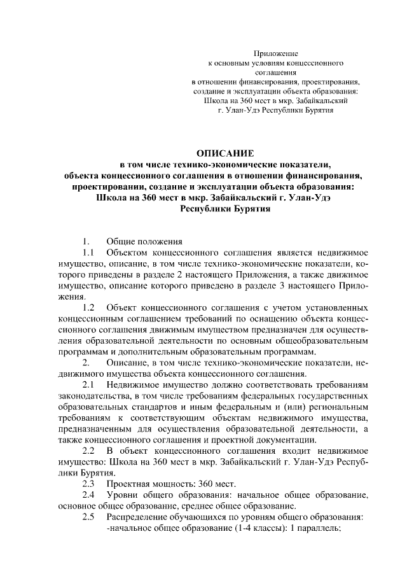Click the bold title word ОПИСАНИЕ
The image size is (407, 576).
click(x=225, y=153)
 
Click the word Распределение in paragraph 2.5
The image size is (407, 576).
click(x=139, y=517)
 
